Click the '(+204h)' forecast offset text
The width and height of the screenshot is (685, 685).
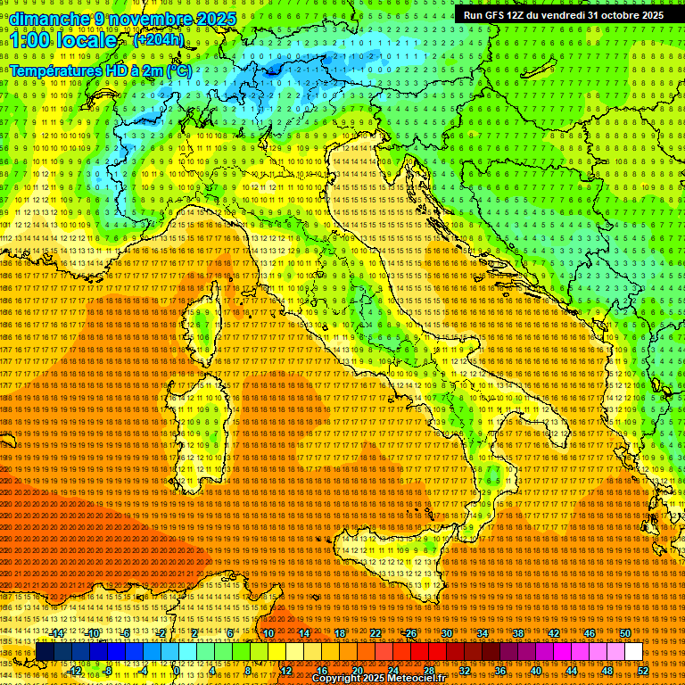tap(159, 39)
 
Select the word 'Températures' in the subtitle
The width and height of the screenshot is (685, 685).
tap(54, 70)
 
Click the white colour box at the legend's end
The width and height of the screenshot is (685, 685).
tap(633, 652)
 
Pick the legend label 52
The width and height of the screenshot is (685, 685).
tap(643, 670)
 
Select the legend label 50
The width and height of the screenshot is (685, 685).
tap(625, 633)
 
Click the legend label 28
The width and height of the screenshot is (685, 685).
tap(429, 670)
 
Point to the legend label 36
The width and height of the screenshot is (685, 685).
tap(500, 670)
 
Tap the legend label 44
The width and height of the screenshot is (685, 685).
tap(572, 670)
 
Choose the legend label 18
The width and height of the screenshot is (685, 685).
tap(340, 633)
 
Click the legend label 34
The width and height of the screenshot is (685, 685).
tap(483, 633)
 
